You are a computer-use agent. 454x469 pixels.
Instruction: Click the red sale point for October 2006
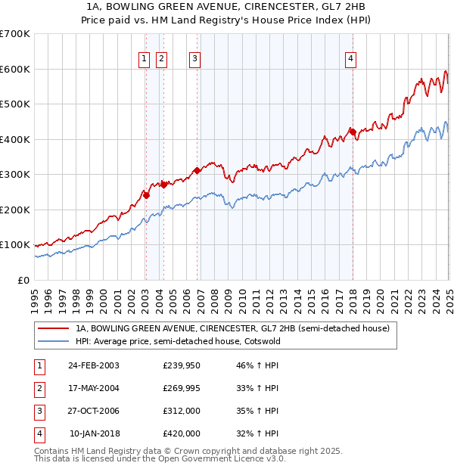tap(197, 170)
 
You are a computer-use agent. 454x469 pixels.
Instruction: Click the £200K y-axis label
tap(16, 210)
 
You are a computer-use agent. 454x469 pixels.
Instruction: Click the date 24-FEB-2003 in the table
tap(93, 365)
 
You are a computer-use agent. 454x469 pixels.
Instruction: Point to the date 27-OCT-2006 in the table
tap(93, 411)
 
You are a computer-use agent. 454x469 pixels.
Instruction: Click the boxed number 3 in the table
tap(39, 411)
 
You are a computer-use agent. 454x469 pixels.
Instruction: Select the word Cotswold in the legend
tap(261, 341)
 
